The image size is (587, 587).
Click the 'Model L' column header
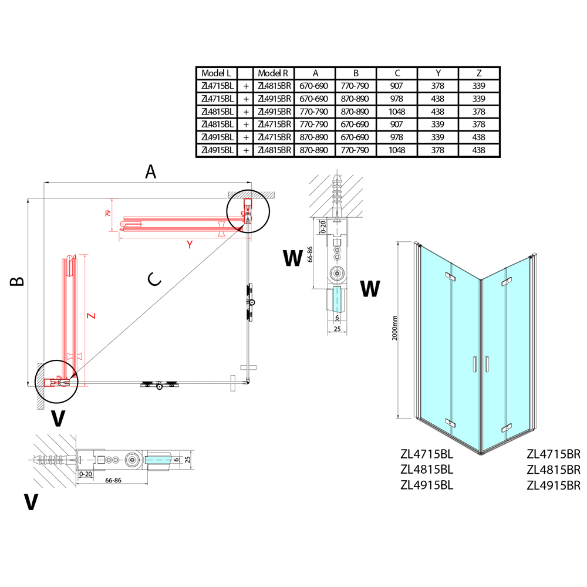pyautogui.click(x=217, y=73)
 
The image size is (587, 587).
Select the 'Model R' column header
pyautogui.click(x=273, y=73)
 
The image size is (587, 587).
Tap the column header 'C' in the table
pyautogui.click(x=397, y=73)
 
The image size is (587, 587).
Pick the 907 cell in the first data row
pyautogui.click(x=397, y=86)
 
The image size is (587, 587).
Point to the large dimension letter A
pyautogui.click(x=151, y=172)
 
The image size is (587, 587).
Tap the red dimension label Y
pyautogui.click(x=190, y=245)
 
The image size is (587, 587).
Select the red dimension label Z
pyautogui.click(x=90, y=316)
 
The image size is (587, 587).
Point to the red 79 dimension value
pyautogui.click(x=107, y=214)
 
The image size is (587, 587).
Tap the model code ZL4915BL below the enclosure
pyautogui.click(x=427, y=485)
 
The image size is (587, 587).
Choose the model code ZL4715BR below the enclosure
pyautogui.click(x=554, y=453)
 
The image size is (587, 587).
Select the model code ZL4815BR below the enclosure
pyautogui.click(x=554, y=470)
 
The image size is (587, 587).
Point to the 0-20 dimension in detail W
pyautogui.click(x=323, y=226)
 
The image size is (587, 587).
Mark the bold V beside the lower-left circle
pyautogui.click(x=58, y=418)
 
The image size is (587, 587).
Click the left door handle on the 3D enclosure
pyautogui.click(x=473, y=365)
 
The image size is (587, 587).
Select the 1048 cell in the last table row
pyautogui.click(x=397, y=150)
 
